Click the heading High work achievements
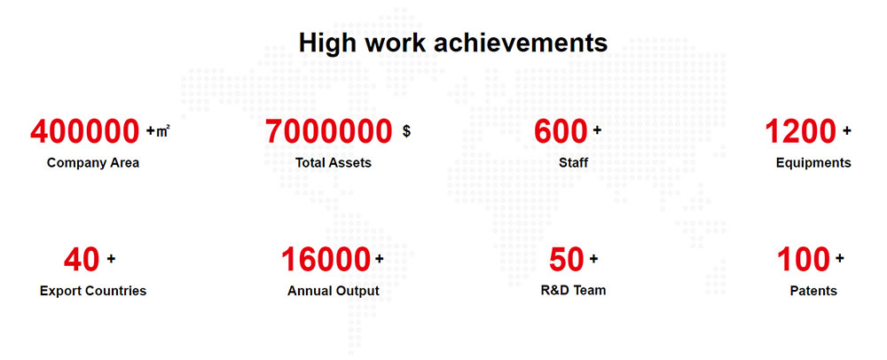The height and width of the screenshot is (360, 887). (453, 43)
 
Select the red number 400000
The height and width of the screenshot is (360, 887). (85, 132)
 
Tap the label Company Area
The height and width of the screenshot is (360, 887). (93, 163)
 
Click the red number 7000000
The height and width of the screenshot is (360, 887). (329, 132)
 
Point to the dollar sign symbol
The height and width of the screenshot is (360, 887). (407, 131)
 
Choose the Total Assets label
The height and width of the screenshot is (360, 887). (334, 163)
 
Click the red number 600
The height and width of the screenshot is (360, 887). (561, 132)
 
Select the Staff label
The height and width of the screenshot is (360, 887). (574, 163)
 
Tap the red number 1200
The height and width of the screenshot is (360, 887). (800, 132)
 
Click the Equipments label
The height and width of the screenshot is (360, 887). (813, 163)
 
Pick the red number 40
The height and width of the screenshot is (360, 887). (82, 260)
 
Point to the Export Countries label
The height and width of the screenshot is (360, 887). (93, 291)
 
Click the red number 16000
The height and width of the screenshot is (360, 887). (326, 260)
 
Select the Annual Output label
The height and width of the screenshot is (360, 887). (334, 291)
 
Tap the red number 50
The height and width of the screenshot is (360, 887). (566, 260)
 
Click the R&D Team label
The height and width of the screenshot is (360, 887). (573, 291)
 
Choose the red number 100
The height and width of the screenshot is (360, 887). (804, 260)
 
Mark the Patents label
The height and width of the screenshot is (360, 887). (813, 291)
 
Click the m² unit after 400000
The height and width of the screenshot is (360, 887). (163, 131)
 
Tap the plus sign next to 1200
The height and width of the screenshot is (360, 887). (846, 131)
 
